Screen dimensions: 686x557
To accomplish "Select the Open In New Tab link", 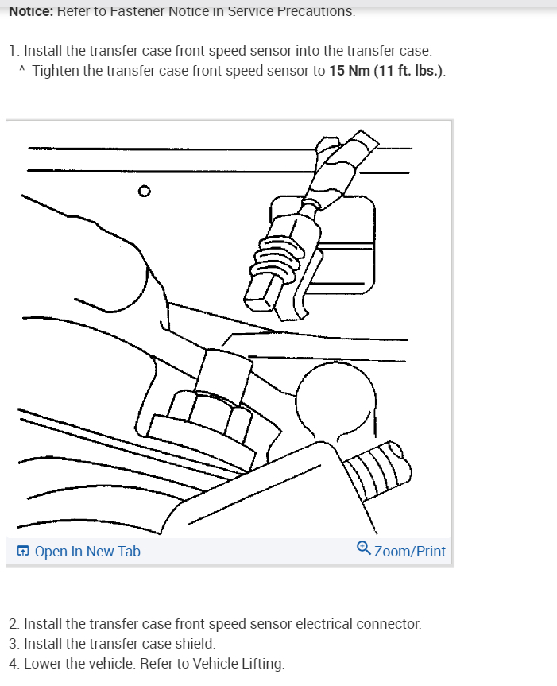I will pos(87,551).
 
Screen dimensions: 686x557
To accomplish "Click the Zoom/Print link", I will pos(409,551).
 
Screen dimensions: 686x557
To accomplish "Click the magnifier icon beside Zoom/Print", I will pos(363,548).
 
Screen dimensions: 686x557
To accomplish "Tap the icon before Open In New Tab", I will pos(23,551).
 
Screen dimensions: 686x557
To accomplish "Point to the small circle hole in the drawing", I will pos(143,191).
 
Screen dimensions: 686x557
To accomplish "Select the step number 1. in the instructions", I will pos(14,51).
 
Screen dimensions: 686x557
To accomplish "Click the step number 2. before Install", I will pos(14,624).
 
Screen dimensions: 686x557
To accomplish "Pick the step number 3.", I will pos(14,644).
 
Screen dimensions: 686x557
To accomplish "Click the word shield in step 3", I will pos(195,644).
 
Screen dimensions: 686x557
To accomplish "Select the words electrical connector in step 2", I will pos(358,624).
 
